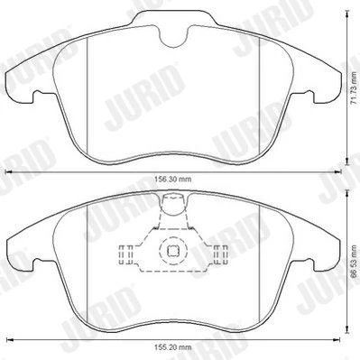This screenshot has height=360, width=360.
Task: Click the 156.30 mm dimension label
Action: click(x=173, y=180)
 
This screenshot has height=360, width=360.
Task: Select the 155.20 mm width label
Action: click(x=173, y=347)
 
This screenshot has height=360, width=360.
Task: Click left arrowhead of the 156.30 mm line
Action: click(x=9, y=172)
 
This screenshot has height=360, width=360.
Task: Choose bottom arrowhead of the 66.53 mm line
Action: click(x=347, y=328)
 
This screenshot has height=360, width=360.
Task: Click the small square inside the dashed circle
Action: click(x=173, y=251)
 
